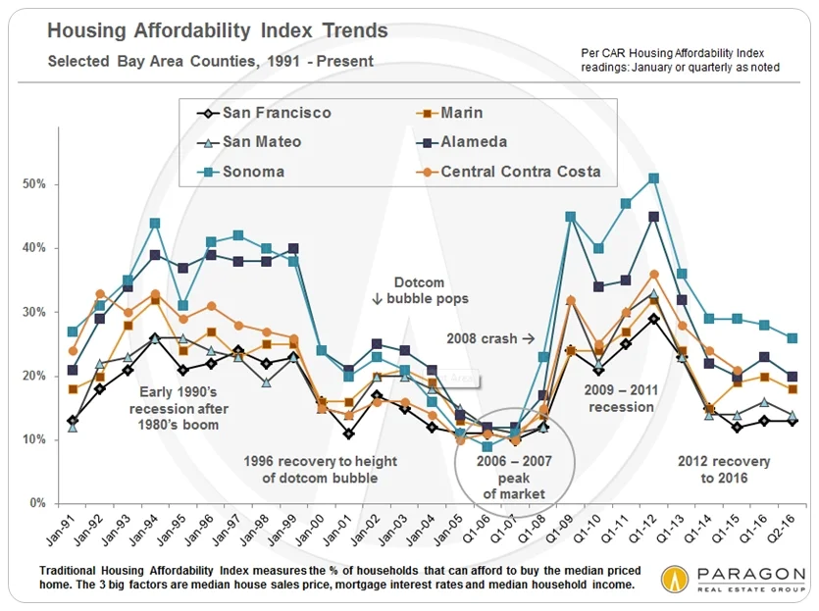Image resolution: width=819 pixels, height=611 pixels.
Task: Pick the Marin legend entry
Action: coord(447,113)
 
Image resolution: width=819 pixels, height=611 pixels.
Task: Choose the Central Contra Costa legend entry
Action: coord(507,172)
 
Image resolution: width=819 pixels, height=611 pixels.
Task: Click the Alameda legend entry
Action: coord(460,142)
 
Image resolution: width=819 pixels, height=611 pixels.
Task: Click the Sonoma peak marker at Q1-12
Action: coord(653,178)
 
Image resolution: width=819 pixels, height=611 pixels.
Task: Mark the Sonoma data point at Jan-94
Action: coord(154,223)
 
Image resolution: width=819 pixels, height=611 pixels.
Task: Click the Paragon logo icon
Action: coord(676,578)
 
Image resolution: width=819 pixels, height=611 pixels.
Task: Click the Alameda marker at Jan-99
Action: coord(293,248)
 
